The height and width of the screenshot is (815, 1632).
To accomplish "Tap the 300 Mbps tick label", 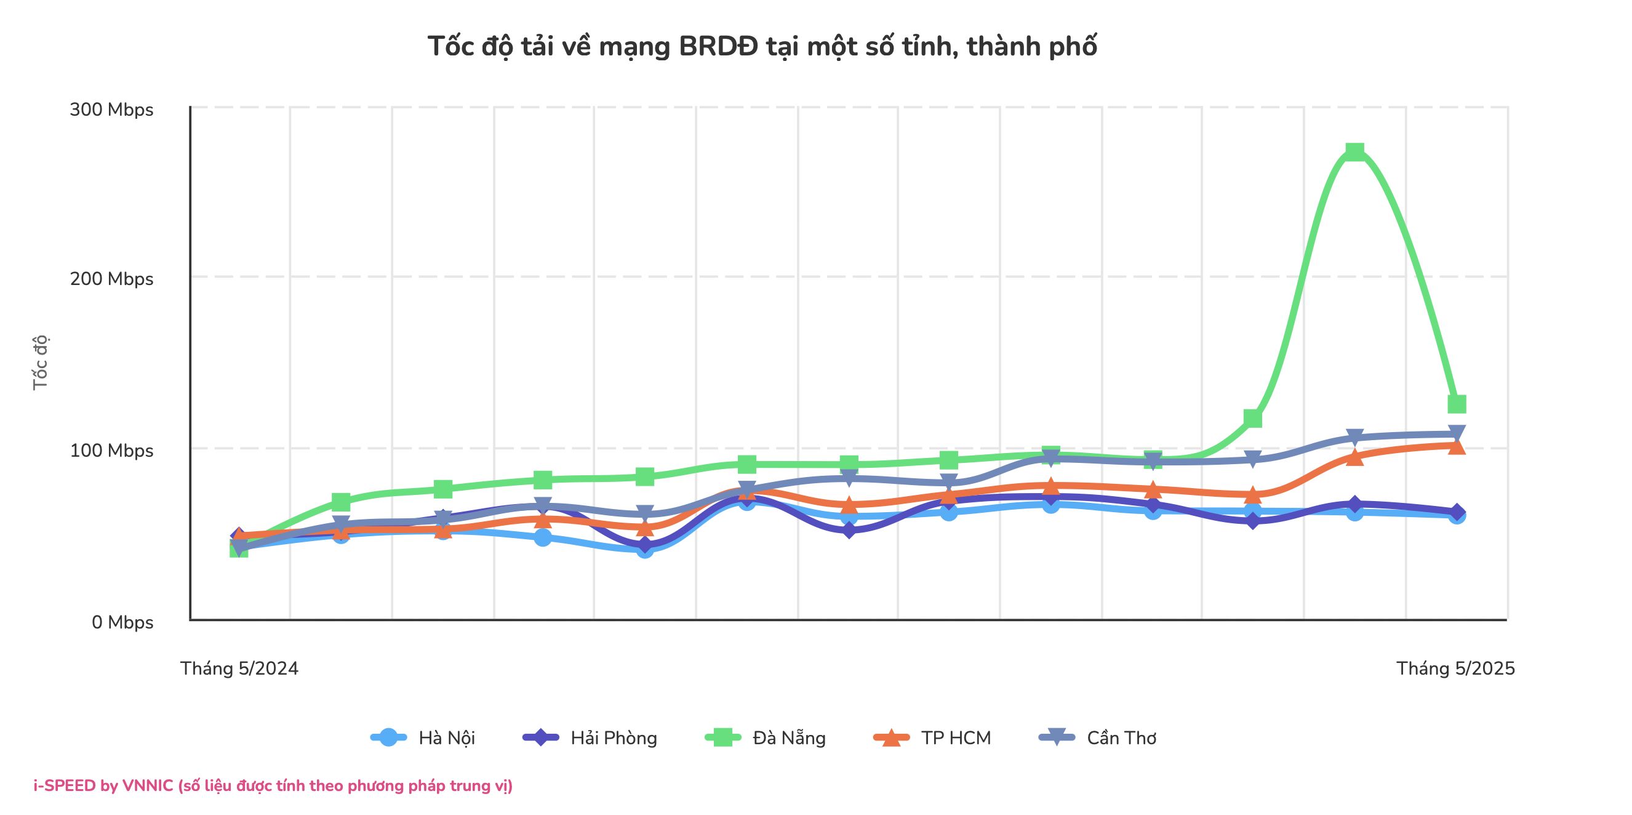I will point(111,110).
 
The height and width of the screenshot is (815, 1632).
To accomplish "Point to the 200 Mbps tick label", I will point(111,279).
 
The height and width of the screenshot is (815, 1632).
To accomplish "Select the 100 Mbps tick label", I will point(111,451).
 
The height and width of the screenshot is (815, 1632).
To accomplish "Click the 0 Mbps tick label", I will point(122,622).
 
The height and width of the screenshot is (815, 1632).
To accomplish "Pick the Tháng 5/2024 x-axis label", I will point(239,668).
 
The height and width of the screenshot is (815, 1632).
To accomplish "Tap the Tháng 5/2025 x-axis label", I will point(1455,668).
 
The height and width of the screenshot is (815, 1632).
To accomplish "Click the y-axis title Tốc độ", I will point(40,363).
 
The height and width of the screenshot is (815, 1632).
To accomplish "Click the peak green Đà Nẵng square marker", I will point(1354,151).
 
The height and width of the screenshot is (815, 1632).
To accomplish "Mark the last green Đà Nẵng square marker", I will point(1457,404).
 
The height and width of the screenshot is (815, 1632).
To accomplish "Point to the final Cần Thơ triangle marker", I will point(1457,433).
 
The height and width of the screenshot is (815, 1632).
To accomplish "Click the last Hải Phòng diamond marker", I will point(1457,512).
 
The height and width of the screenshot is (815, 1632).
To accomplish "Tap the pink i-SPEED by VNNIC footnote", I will point(273,786).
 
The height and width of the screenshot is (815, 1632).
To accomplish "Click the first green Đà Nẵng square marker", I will point(239,550).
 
